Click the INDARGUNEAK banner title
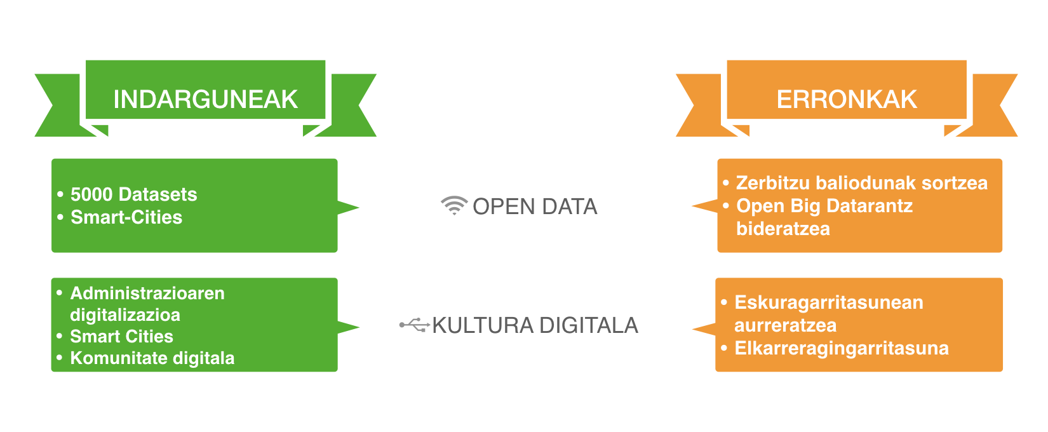205,99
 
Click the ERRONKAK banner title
847,99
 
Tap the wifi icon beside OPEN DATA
454,205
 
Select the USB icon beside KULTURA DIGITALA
415,325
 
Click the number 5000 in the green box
91,194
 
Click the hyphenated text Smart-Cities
126,217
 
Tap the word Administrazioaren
147,293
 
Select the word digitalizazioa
125,315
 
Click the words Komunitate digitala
152,358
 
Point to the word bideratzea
783,229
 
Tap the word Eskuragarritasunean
829,302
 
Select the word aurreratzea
786,325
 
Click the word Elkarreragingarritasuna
842,348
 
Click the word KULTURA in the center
483,325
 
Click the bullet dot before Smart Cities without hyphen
60,336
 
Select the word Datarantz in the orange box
869,206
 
